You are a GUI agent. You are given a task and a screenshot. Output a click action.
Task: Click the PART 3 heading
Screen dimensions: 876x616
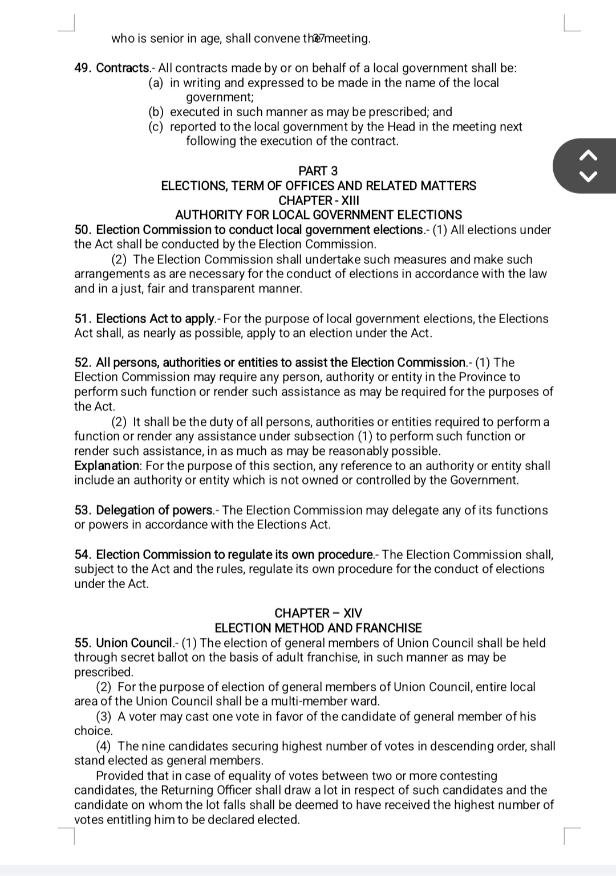(x=318, y=171)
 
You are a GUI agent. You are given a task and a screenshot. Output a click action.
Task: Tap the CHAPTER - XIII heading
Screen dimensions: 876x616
(x=318, y=201)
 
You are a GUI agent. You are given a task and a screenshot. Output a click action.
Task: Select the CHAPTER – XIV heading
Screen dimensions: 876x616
(x=318, y=613)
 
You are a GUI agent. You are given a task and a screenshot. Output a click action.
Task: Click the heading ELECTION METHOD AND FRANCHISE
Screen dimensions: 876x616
(x=318, y=628)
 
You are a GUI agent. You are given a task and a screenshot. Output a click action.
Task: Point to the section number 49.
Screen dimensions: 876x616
(x=83, y=68)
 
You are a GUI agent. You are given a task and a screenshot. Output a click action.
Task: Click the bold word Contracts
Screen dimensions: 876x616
(x=122, y=68)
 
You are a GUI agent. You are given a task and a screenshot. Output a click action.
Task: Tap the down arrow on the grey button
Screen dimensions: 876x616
(x=589, y=176)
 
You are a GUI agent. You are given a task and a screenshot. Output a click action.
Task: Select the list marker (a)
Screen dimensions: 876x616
(x=156, y=83)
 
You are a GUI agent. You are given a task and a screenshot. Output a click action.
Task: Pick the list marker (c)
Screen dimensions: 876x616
(x=156, y=127)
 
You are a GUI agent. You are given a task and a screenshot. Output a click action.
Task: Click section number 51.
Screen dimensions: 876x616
(x=83, y=319)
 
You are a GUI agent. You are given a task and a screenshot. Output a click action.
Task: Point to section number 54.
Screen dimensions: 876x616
(x=83, y=555)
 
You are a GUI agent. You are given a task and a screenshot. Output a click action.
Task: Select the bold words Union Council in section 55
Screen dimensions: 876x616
(x=133, y=643)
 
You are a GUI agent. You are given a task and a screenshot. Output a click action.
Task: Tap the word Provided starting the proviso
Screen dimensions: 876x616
(x=119, y=776)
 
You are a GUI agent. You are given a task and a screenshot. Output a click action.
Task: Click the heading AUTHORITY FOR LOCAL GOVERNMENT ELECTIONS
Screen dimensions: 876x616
(x=318, y=215)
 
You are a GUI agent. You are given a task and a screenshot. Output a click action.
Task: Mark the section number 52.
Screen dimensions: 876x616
(x=83, y=363)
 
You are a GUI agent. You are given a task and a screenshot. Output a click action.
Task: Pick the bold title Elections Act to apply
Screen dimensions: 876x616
(x=155, y=319)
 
